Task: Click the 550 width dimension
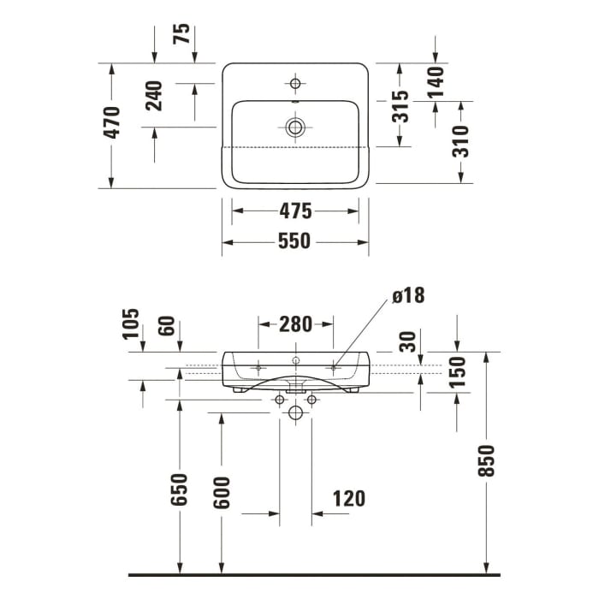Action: (x=294, y=242)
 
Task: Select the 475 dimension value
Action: (x=294, y=211)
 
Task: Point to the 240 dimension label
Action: (x=154, y=96)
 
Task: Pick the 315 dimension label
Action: (x=400, y=107)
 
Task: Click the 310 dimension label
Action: (x=460, y=140)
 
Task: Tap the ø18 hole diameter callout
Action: (x=408, y=296)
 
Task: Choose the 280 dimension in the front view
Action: (x=295, y=324)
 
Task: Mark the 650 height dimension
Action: (x=180, y=489)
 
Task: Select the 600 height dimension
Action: (x=222, y=492)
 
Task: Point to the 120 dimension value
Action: (x=347, y=498)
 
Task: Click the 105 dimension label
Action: (x=129, y=323)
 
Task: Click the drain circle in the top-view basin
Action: (x=296, y=128)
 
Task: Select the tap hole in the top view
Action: (x=296, y=83)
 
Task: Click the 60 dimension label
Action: (x=167, y=326)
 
